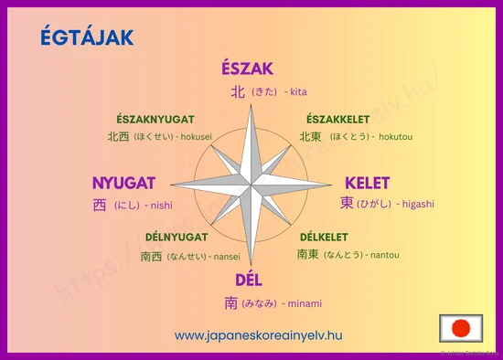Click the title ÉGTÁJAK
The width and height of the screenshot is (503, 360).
coord(88,37)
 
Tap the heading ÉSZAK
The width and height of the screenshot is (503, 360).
coord(247,69)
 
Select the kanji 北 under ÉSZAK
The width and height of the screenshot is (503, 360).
coord(238,91)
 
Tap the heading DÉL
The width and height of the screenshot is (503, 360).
coord(249,280)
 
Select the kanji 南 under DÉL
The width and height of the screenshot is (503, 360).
coord(231,303)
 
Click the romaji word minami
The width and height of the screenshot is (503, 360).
coord(307,303)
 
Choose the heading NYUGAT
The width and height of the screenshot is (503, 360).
coord(123,182)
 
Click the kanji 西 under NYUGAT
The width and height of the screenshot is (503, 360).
coord(100,206)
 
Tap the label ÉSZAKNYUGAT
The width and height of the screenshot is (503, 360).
coord(155,120)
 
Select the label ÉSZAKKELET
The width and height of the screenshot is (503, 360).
coord(338,120)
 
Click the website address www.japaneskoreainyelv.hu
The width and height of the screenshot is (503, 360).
coord(259,335)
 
